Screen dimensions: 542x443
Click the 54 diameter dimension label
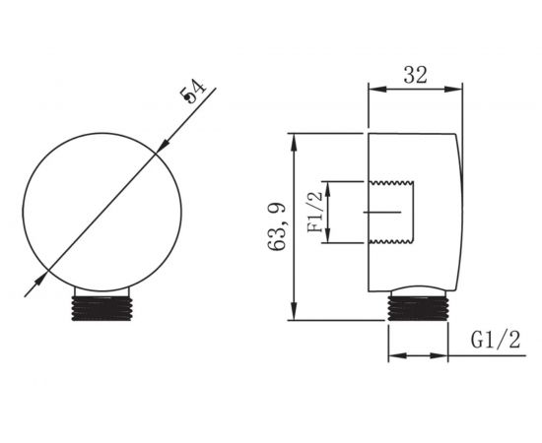click(x=192, y=92)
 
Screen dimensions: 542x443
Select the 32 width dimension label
click(x=416, y=75)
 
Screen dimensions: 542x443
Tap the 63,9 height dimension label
click(x=277, y=226)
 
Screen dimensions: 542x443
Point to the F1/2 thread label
click(x=315, y=212)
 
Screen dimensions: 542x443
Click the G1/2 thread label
click(x=496, y=340)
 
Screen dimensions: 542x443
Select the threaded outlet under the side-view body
click(x=418, y=306)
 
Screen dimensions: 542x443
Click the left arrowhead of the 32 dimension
click(x=376, y=89)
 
